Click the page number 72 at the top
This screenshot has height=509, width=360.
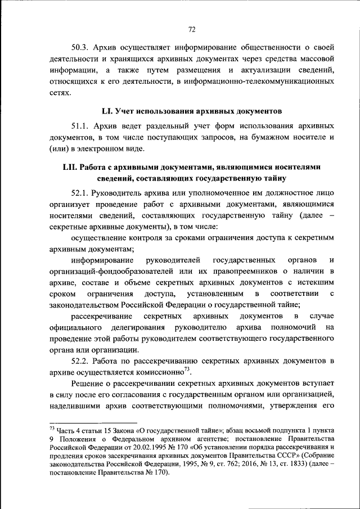(x=191, y=29)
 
